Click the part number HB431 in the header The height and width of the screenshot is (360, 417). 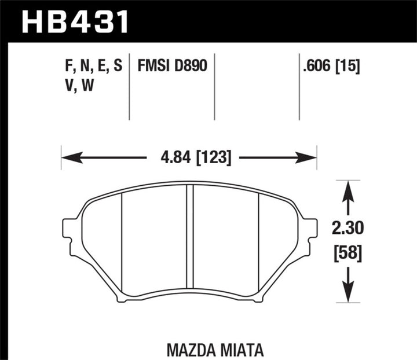75,22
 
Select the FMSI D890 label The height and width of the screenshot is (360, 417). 171,67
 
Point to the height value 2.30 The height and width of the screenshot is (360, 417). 348,230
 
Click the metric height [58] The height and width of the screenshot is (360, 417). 348,253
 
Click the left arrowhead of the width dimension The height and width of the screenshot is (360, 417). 67,157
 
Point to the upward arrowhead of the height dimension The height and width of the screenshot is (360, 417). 348,187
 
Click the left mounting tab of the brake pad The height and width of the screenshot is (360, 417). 69,229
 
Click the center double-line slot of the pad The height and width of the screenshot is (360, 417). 189,237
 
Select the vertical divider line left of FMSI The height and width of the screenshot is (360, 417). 129,87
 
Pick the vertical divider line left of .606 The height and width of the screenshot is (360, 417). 299,87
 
